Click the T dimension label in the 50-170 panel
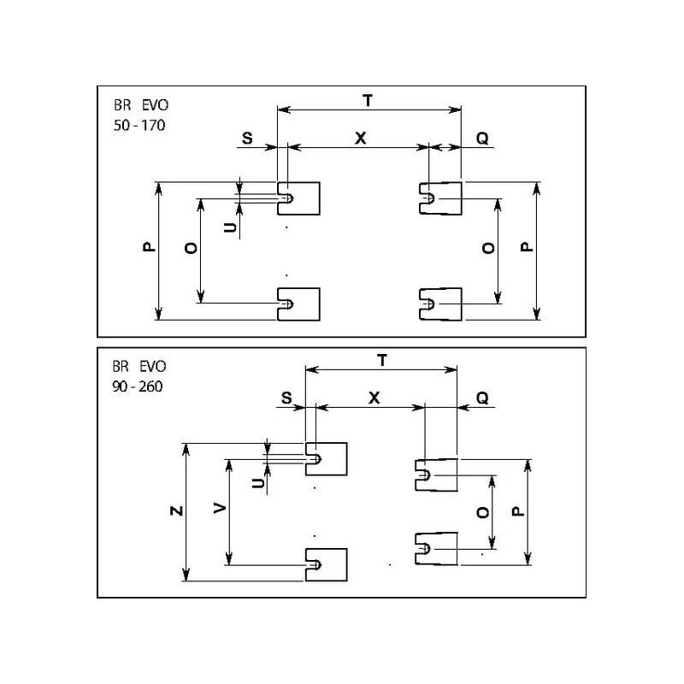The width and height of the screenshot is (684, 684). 368,100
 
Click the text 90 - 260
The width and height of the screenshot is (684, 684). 137,386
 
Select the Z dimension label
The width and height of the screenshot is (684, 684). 175,511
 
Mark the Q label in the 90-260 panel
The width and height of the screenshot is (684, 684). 482,398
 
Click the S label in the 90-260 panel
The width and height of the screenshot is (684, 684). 286,398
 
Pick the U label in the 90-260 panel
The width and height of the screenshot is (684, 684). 257,484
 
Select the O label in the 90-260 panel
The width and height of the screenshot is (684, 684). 481,512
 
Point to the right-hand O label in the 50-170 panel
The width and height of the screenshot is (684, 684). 487,248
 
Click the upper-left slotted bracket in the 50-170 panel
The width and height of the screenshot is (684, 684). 299,198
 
